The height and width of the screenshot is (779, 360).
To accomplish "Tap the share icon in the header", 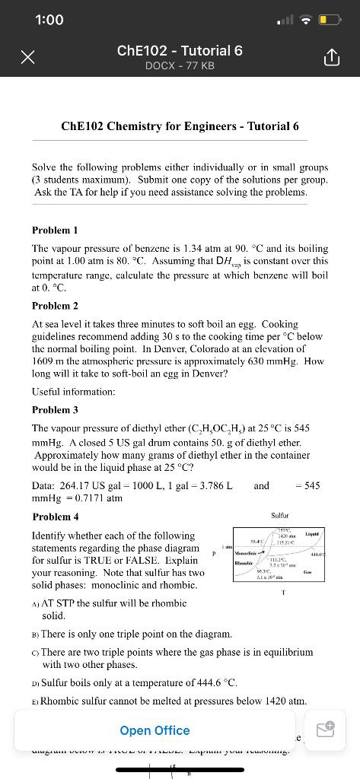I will pos(333,58).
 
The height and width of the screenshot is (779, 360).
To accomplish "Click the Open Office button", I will pos(155,730).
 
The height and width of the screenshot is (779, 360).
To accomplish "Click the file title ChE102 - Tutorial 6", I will pos(180,50).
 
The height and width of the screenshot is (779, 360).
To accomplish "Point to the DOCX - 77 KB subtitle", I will pos(180,66).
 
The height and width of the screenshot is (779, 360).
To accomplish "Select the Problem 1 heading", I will pos(55,230).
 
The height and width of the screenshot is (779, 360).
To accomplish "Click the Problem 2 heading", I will pos(55,306).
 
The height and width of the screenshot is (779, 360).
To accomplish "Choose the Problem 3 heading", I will pos(55,410).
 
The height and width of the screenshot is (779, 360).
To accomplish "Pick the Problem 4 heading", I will pos(55,517).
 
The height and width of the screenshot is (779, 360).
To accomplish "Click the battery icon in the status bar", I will pos(329,20).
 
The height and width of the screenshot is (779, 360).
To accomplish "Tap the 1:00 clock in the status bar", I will pos(49,20).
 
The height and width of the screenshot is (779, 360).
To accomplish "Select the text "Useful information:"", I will pos(74,391).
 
